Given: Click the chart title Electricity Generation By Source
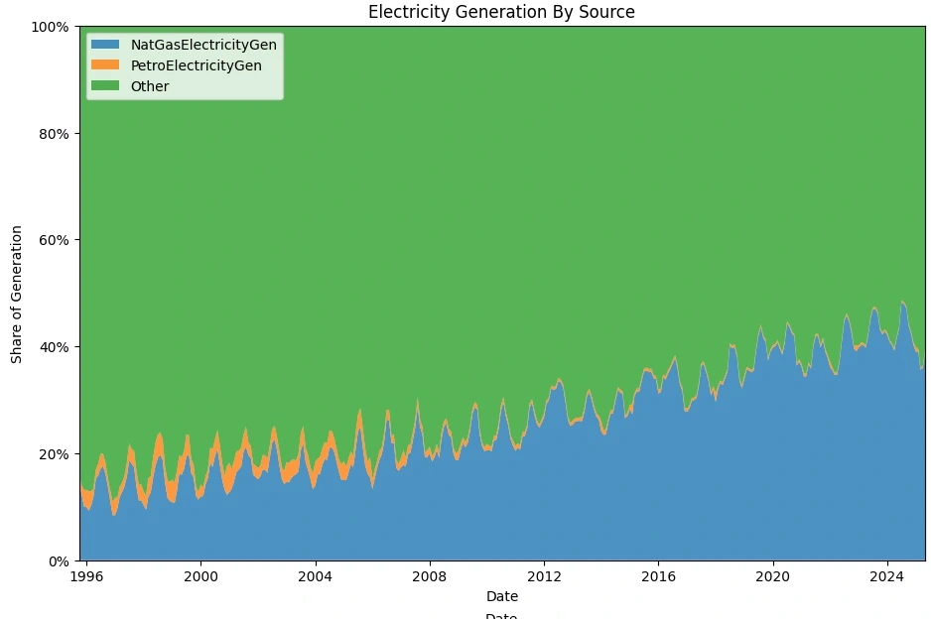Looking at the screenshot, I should (501, 12).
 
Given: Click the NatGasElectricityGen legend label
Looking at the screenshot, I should (203, 45).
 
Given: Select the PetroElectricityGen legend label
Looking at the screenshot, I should (196, 65).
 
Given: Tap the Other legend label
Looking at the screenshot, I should (150, 86).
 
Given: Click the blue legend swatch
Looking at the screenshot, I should (105, 45).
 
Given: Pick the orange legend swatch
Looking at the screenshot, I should (105, 65).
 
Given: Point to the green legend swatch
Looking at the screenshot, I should (105, 86).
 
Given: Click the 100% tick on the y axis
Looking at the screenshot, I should (50, 27).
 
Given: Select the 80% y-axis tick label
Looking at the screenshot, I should (54, 134).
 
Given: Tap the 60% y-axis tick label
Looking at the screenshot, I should (54, 240).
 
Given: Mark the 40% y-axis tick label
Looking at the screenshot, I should (54, 347).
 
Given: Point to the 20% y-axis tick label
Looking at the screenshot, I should (54, 454).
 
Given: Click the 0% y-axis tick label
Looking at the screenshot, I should (58, 561).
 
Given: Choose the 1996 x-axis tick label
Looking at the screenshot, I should (86, 576).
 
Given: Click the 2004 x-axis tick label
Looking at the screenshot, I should (315, 576).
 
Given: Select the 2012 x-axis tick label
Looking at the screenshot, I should (544, 576).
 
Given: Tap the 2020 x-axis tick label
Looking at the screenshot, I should (772, 576).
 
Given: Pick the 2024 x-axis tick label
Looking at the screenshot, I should (886, 576).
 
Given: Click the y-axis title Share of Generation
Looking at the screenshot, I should (17, 294).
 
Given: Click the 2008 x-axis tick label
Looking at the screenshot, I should (430, 576).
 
